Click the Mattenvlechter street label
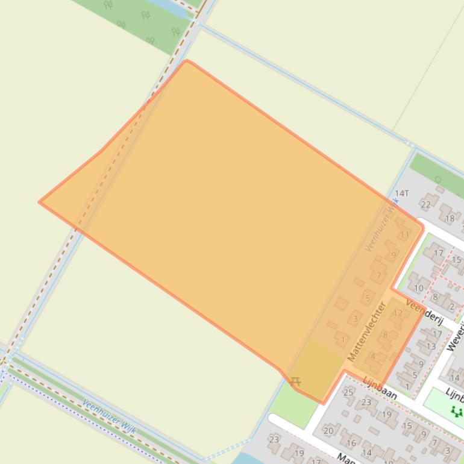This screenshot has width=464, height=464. point(366,332)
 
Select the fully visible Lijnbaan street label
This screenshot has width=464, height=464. point(380,387)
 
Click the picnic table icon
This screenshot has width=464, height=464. point(295,381)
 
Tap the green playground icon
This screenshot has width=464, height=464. point(456,412)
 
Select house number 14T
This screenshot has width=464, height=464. point(401,193)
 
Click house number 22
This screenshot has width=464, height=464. point(426,205)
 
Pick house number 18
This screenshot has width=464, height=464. point(450,219)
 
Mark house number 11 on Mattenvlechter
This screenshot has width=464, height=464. point(405,234)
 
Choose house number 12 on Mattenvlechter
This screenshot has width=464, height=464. point(397,313)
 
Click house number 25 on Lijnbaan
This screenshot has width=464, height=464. point(348,392)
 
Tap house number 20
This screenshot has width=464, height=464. point(328,430)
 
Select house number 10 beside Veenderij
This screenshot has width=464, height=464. point(418,288)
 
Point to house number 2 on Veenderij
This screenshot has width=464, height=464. point(451,307)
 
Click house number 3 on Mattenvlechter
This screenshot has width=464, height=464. point(356,319)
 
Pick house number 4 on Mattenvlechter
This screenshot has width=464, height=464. point(372,356)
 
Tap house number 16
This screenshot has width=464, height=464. point(351,443)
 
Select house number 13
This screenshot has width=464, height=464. point(431,346)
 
